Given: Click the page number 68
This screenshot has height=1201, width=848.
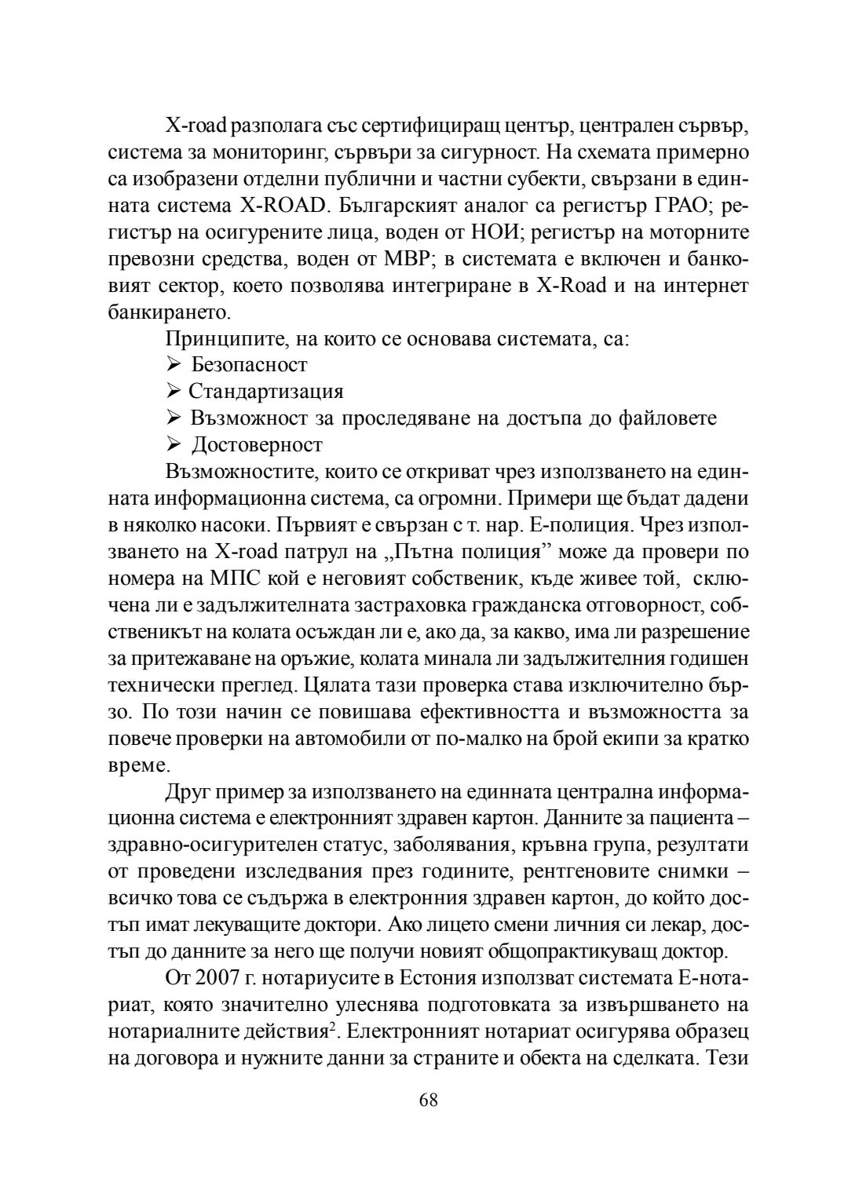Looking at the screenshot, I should [429, 1100].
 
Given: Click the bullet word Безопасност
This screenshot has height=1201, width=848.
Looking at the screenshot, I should [249, 365].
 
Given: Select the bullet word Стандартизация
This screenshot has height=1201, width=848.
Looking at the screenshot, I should [265, 392].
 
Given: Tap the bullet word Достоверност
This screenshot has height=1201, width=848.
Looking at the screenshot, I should [257, 445].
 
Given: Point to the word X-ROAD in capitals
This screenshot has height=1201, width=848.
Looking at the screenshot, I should [280, 205].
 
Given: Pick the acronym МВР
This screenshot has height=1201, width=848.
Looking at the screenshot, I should [400, 258].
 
